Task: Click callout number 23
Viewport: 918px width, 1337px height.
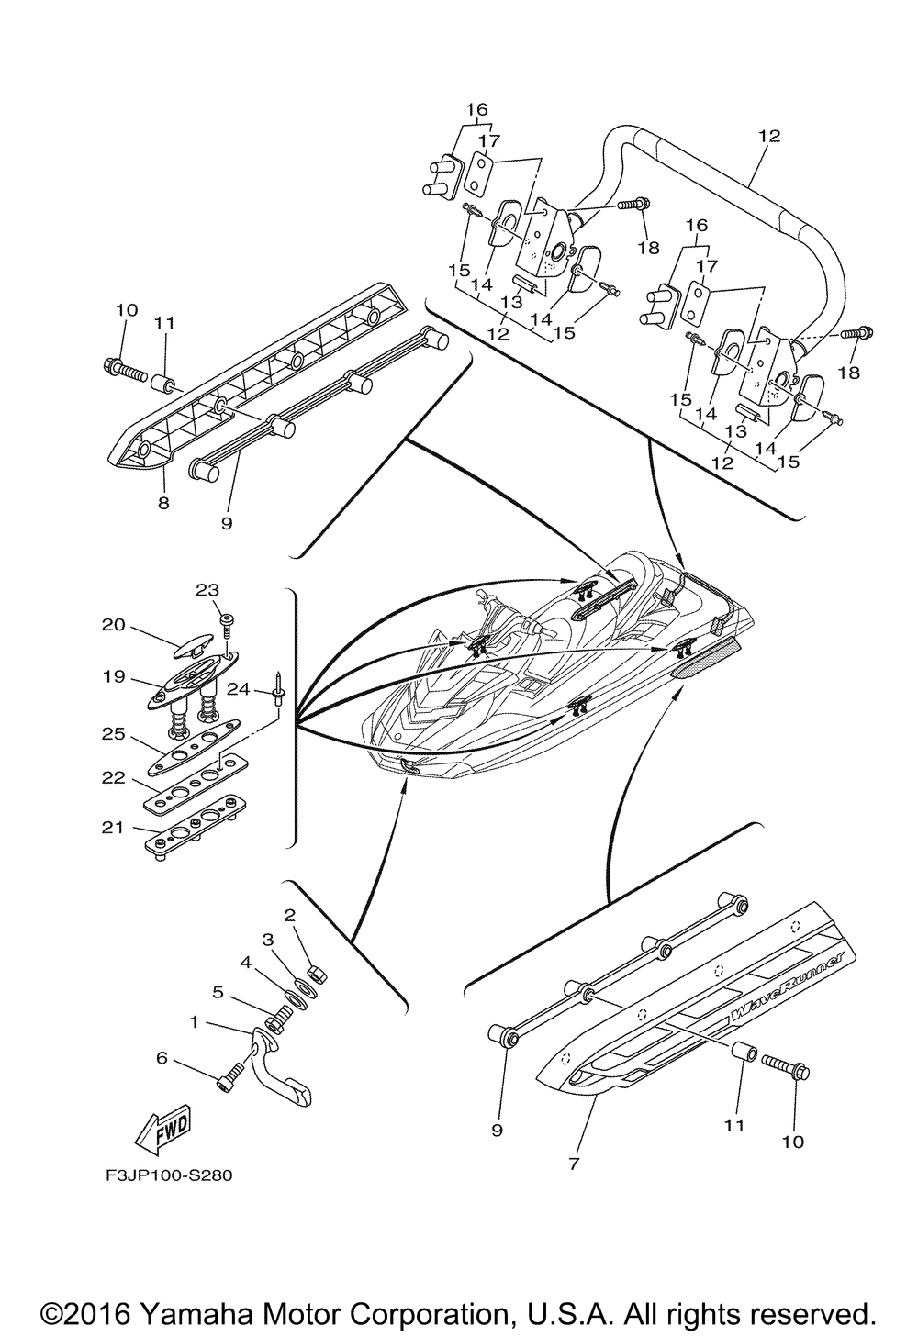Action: click(x=207, y=590)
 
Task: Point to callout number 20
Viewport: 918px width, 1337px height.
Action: click(x=114, y=625)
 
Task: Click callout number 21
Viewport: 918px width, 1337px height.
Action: click(x=112, y=828)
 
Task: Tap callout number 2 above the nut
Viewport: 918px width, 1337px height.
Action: click(x=290, y=916)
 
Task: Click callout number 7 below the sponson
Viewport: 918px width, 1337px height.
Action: click(x=574, y=1164)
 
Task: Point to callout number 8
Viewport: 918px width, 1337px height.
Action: click(x=163, y=503)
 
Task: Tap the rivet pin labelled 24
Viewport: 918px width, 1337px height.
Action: click(x=279, y=688)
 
